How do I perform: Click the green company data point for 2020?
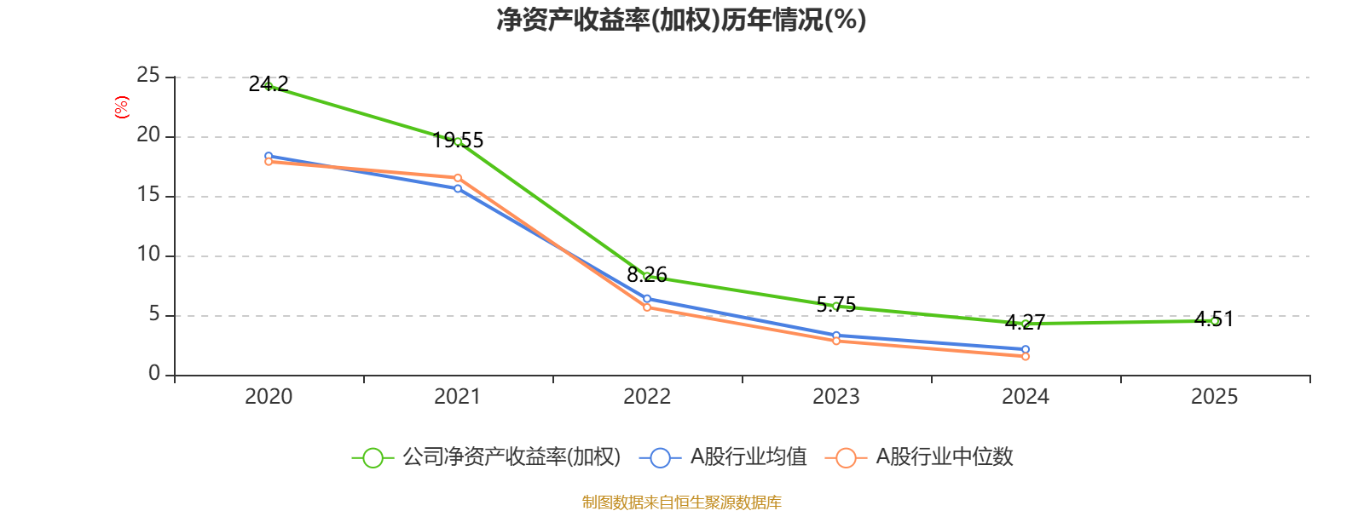click(x=269, y=86)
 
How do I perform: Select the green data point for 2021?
click(x=458, y=141)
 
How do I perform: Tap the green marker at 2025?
click(x=1215, y=321)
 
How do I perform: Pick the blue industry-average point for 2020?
click(x=269, y=156)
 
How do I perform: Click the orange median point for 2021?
click(x=458, y=177)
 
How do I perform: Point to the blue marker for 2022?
click(x=647, y=299)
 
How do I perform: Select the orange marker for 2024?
click(x=1026, y=356)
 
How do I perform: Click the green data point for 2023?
click(x=836, y=306)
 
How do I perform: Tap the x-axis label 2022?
click(x=647, y=396)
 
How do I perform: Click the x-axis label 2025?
click(x=1215, y=396)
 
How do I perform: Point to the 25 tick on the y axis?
click(x=148, y=76)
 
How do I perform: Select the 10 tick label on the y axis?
click(x=148, y=255)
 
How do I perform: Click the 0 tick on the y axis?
click(x=154, y=374)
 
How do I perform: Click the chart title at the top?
click(x=681, y=20)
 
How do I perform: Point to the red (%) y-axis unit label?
click(x=122, y=107)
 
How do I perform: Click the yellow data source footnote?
click(x=681, y=502)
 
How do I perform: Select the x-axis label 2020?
click(x=269, y=396)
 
